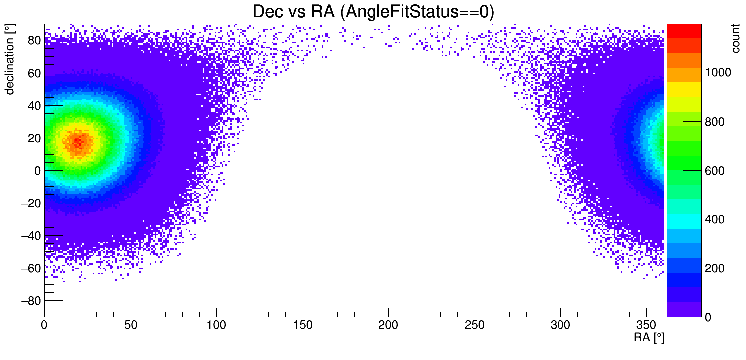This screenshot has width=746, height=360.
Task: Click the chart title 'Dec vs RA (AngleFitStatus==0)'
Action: point(373,12)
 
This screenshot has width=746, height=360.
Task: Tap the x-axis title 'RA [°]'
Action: point(649,338)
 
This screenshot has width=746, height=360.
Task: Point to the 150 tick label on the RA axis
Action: point(303,325)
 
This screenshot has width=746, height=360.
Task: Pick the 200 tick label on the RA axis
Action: point(388,325)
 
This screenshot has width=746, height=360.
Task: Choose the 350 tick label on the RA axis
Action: point(646,325)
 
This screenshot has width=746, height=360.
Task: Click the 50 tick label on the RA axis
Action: point(131,325)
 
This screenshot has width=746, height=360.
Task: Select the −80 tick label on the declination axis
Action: point(30,301)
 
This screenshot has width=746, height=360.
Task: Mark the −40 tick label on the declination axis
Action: point(30,236)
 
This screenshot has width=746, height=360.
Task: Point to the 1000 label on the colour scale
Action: point(717,73)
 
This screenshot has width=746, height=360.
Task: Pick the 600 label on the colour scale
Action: point(714,171)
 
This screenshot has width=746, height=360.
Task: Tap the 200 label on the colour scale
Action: point(714,269)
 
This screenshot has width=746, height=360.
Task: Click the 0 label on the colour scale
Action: point(707,318)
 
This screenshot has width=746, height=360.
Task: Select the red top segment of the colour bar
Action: point(684,31)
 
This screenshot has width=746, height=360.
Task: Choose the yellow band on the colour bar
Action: point(684,89)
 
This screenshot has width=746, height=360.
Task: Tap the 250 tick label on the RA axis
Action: point(475,325)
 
